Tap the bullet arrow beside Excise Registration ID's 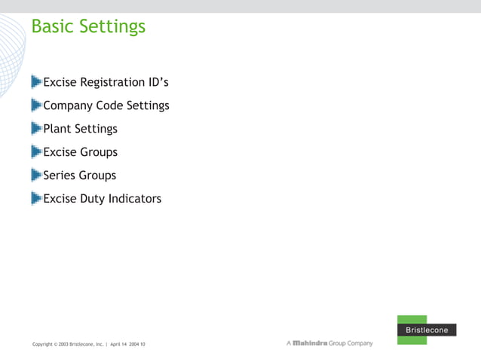pyautogui.click(x=36, y=81)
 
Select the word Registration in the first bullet pyautogui.click(x=116, y=82)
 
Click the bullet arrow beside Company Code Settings pyautogui.click(x=36, y=105)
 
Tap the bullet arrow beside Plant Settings pyautogui.click(x=36, y=128)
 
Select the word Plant pyautogui.click(x=57, y=129)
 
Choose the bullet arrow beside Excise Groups pyautogui.click(x=36, y=151)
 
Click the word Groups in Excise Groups pyautogui.click(x=98, y=152)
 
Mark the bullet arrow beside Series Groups pyautogui.click(x=36, y=175)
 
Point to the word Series pyautogui.click(x=60, y=175)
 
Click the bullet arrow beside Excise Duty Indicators pyautogui.click(x=36, y=198)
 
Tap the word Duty pyautogui.click(x=93, y=200)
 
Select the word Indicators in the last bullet pyautogui.click(x=136, y=199)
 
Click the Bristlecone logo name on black pyautogui.click(x=427, y=330)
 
